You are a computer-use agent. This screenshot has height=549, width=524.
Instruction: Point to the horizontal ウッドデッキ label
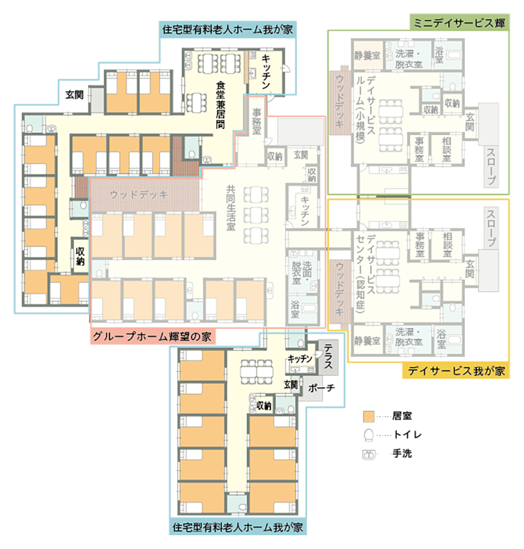pyautogui.click(x=139, y=194)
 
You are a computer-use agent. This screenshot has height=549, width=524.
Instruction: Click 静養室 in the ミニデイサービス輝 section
pyautogui.click(x=367, y=56)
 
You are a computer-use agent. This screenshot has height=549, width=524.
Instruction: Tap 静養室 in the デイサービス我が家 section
pyautogui.click(x=367, y=341)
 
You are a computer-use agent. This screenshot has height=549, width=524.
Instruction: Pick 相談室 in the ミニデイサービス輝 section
pyautogui.click(x=447, y=149)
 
